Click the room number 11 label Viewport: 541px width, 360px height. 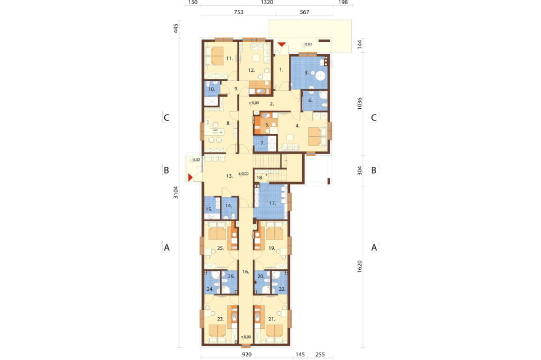(x=229, y=59)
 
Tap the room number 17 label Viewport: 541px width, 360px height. (x=273, y=203)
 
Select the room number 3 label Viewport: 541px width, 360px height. (x=306, y=73)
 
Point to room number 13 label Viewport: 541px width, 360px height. (x=229, y=176)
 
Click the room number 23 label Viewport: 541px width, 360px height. (x=220, y=319)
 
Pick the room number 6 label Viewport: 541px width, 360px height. (x=310, y=100)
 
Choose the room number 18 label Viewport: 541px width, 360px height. (x=260, y=178)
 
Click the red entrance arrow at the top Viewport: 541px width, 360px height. (x=282, y=44)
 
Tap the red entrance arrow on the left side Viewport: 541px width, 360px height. (x=190, y=177)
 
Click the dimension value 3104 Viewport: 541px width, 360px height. (x=176, y=193)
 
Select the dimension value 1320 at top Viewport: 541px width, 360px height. (x=267, y=3)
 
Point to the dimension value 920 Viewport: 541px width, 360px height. (x=247, y=355)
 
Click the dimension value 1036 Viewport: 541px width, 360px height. (x=359, y=103)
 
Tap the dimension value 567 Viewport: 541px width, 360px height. (x=304, y=12)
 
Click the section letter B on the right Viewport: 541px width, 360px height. (x=374, y=170)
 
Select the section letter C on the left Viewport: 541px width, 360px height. (x=166, y=118)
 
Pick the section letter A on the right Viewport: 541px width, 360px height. (x=374, y=248)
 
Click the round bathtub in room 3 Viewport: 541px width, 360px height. (x=321, y=75)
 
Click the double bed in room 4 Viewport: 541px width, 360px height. (x=316, y=136)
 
